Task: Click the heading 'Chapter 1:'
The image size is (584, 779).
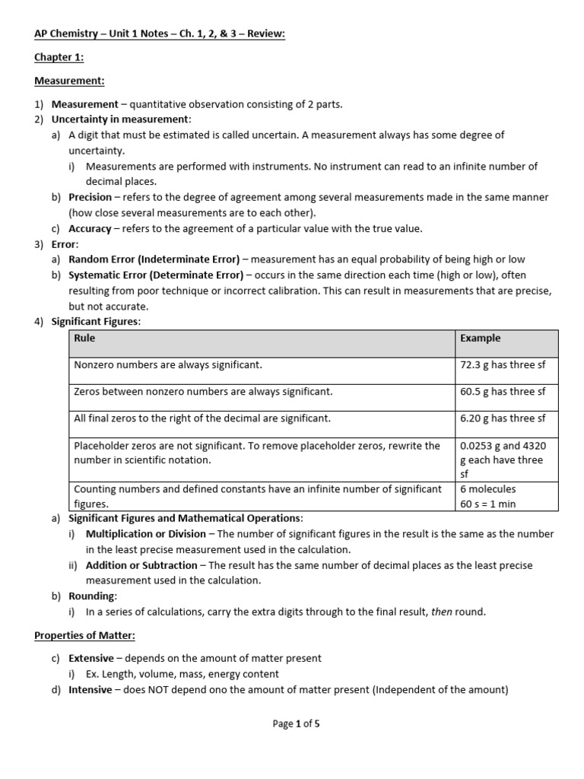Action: click(59, 57)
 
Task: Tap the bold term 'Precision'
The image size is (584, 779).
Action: click(90, 197)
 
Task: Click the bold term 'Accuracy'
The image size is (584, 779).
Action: click(90, 228)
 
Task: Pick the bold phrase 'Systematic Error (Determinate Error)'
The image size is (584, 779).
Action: click(156, 275)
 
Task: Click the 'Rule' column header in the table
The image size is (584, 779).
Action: click(84, 339)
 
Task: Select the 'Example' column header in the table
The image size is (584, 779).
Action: click(480, 339)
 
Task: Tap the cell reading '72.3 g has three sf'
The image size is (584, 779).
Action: click(503, 365)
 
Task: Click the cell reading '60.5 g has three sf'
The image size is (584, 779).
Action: click(503, 392)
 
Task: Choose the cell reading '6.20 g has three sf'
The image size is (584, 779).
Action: click(503, 418)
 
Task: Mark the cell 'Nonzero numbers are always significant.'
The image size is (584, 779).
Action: click(168, 365)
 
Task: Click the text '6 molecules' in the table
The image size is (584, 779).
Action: click(487, 489)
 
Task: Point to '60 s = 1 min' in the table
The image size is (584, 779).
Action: click(487, 504)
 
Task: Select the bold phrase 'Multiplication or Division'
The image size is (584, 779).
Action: click(144, 534)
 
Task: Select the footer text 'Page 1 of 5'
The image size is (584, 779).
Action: click(296, 724)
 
